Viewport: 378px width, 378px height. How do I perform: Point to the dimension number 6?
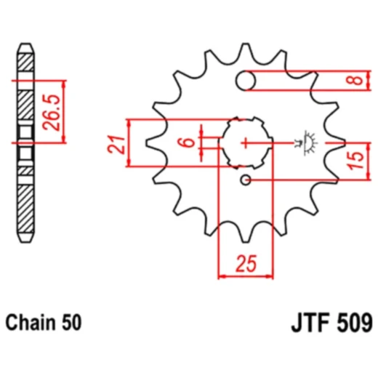[x=188, y=142]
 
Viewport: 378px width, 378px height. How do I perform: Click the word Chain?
[x=28, y=321]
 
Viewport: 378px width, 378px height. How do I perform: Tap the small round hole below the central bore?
[x=246, y=180]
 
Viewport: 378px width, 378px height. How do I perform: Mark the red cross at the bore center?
[x=246, y=142]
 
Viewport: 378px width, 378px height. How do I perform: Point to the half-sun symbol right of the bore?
[x=307, y=142]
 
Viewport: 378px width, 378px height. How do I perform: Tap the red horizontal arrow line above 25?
[x=245, y=276]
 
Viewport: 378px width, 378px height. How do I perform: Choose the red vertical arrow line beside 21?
[x=129, y=142]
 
